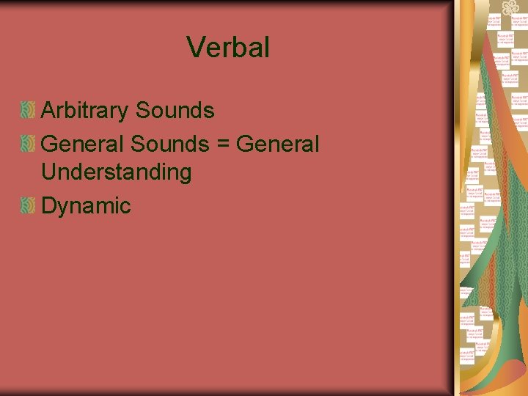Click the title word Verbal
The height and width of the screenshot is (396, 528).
(228, 48)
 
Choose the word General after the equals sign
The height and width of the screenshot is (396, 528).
(279, 144)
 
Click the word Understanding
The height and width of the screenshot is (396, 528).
(117, 172)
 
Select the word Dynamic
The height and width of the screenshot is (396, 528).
(86, 206)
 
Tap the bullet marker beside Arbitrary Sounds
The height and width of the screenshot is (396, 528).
(28, 111)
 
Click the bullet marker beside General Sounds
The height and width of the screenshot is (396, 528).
(28, 144)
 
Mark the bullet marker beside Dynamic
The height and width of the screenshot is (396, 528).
(28, 206)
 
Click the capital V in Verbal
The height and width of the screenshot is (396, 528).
(196, 48)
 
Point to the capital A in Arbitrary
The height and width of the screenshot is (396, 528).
(49, 111)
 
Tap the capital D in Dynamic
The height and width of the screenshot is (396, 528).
(50, 205)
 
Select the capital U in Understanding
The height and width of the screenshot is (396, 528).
(50, 172)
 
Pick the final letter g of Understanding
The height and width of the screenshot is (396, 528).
(185, 175)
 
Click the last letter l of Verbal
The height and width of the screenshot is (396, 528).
(267, 48)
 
